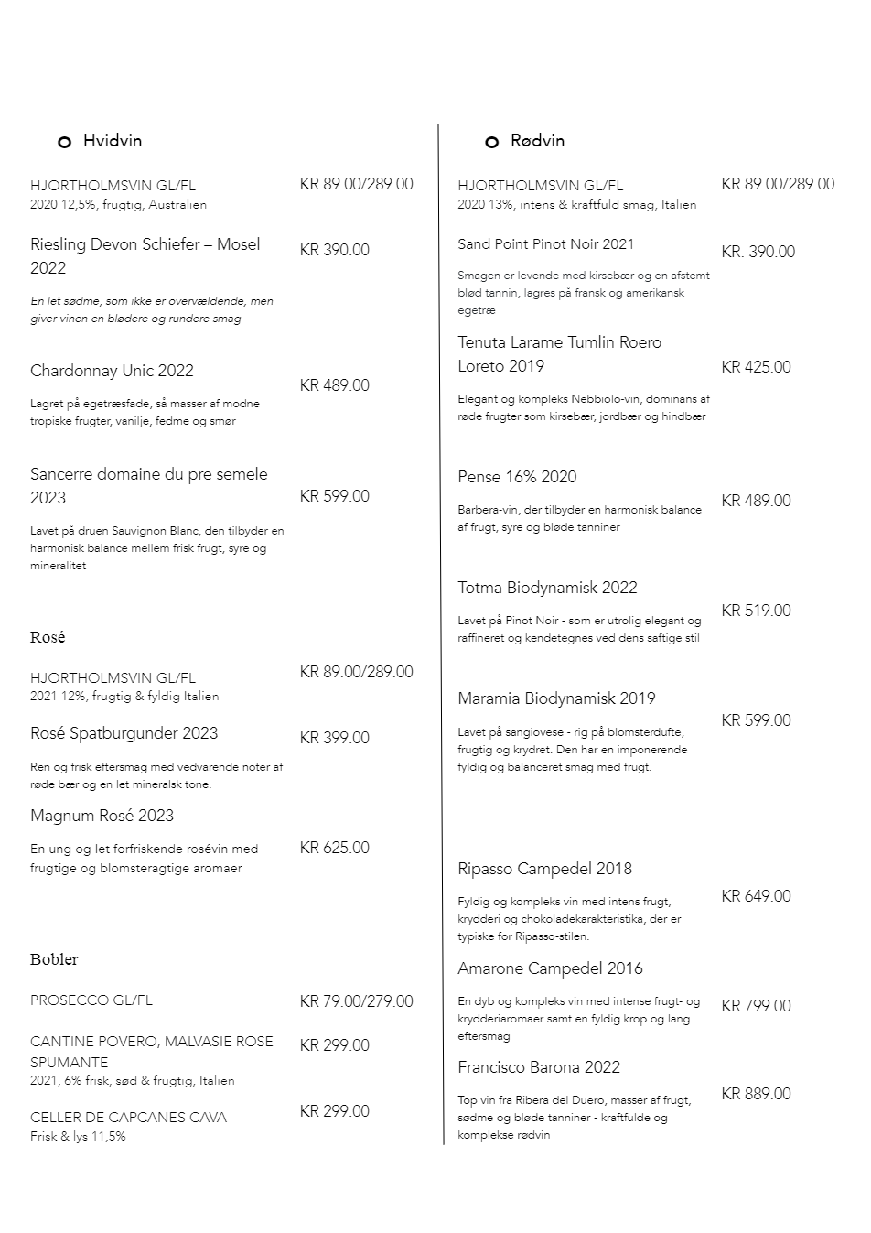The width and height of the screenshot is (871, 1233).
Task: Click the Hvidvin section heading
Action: pyautogui.click(x=112, y=141)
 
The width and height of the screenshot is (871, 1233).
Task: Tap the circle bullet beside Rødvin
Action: pyautogui.click(x=491, y=142)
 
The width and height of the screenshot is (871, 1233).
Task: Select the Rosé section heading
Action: pyautogui.click(x=48, y=637)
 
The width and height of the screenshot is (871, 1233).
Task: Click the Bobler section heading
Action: pyautogui.click(x=54, y=959)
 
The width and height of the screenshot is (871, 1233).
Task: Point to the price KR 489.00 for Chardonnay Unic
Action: pyautogui.click(x=334, y=385)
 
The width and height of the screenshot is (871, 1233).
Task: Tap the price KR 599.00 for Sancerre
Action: pyautogui.click(x=334, y=496)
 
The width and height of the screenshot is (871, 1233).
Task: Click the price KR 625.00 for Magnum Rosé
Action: pyautogui.click(x=334, y=848)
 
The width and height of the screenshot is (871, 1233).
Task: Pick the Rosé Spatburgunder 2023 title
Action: pyautogui.click(x=124, y=733)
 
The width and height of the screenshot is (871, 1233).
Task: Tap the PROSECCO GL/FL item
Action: pyautogui.click(x=91, y=1000)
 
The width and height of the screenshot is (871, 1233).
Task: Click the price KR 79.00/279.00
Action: pyautogui.click(x=356, y=1001)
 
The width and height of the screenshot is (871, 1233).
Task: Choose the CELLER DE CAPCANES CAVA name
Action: pyautogui.click(x=128, y=1118)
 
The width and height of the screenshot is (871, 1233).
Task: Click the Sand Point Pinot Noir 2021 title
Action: pyautogui.click(x=545, y=244)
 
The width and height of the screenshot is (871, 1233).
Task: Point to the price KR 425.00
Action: pyautogui.click(x=756, y=367)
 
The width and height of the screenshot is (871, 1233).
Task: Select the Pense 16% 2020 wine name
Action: pyautogui.click(x=517, y=477)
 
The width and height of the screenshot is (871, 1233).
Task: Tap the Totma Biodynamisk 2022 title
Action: pyautogui.click(x=547, y=588)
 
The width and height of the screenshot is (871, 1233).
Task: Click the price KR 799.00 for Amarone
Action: pyautogui.click(x=756, y=1006)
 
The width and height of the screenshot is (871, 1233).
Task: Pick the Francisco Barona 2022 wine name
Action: pyautogui.click(x=538, y=1067)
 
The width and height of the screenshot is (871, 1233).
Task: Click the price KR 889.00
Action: pyautogui.click(x=756, y=1094)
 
